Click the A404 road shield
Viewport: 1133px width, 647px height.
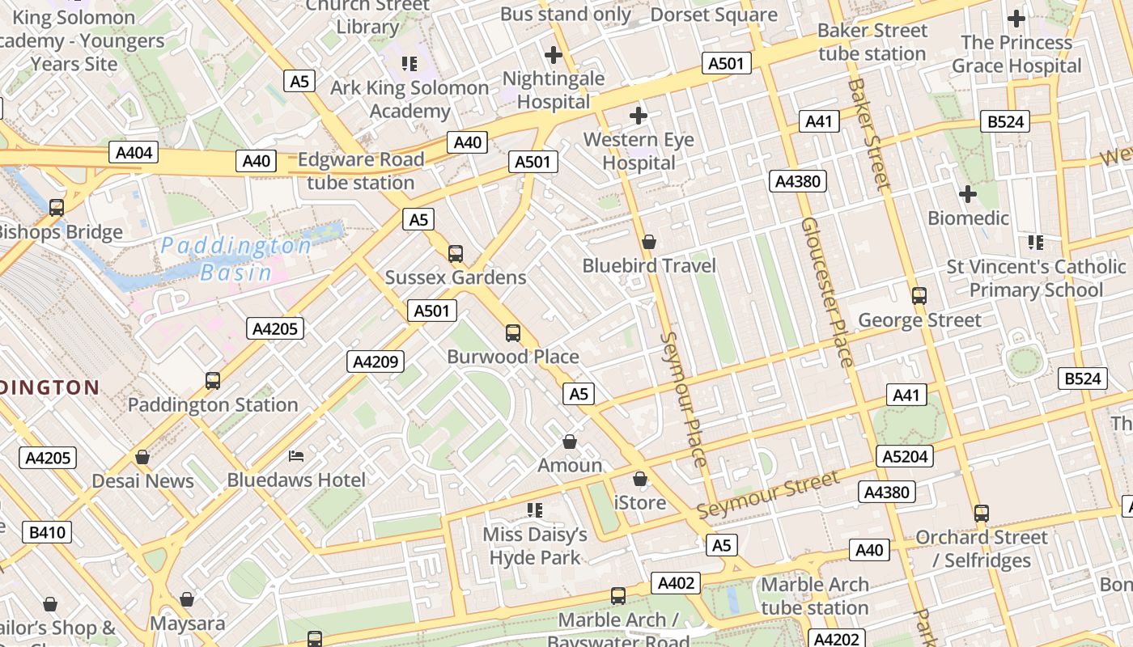(x=134, y=153)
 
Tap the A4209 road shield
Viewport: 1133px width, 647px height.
(x=376, y=362)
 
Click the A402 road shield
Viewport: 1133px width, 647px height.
(x=677, y=583)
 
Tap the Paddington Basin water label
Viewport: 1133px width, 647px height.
(x=236, y=259)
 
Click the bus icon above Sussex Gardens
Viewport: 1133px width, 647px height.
(x=456, y=254)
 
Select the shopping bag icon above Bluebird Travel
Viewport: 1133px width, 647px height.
(x=648, y=242)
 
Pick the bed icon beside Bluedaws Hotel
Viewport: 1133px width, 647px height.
(x=296, y=456)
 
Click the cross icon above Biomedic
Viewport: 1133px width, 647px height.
(x=967, y=194)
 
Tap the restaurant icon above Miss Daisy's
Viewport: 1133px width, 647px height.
(x=534, y=510)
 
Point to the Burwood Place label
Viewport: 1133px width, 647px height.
(x=513, y=357)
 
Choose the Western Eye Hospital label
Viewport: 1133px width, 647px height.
(x=639, y=151)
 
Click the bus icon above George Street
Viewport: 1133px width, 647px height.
(x=919, y=296)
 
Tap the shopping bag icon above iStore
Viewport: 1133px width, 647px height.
(x=640, y=479)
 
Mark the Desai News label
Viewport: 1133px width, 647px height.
(x=142, y=481)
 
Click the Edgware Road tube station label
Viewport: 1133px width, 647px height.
(x=361, y=171)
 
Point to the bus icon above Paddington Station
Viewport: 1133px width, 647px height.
(x=213, y=380)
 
